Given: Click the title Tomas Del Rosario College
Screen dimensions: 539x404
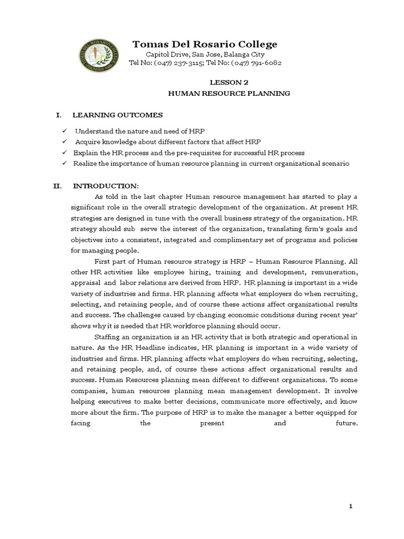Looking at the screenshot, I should coord(205,44).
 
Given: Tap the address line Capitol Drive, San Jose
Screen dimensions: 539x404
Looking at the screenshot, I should coord(205,55).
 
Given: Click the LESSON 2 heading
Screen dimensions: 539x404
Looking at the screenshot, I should coord(228,82).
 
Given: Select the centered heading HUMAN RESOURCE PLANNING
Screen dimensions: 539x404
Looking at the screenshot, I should coord(229,93).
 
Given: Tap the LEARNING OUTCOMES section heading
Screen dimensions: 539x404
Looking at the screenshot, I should coord(117,115).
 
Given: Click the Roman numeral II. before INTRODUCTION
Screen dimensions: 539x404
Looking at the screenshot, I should coord(60,186).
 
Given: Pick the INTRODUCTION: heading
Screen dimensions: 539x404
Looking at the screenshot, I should coord(105,186).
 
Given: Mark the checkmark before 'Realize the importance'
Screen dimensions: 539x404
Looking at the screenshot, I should coord(64,164).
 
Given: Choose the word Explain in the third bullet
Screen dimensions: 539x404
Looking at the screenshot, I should coord(85,153).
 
